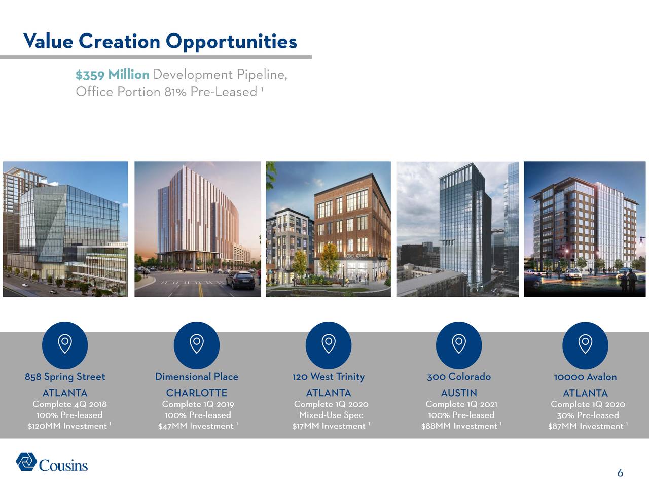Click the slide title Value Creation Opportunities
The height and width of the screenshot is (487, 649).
(160, 41)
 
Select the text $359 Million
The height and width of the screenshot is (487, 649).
(112, 75)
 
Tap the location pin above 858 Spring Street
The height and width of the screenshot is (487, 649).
(65, 345)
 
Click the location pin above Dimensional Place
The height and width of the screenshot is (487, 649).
(196, 345)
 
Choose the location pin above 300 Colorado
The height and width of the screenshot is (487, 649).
(458, 345)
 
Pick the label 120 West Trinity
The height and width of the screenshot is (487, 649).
(328, 377)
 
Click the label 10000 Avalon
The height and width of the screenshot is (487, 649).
(585, 377)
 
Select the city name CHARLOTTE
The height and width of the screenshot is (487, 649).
(196, 393)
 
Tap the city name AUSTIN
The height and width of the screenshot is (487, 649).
(458, 393)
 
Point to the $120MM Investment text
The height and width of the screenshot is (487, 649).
(67, 426)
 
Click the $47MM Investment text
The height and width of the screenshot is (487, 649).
(196, 426)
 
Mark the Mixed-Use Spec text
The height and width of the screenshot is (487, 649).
(331, 415)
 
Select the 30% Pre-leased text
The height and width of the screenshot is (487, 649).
(588, 415)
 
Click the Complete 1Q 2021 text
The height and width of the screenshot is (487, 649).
(461, 404)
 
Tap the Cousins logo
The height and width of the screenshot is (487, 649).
(52, 462)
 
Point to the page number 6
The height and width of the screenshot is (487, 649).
(620, 474)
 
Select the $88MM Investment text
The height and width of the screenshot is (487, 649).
(459, 426)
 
